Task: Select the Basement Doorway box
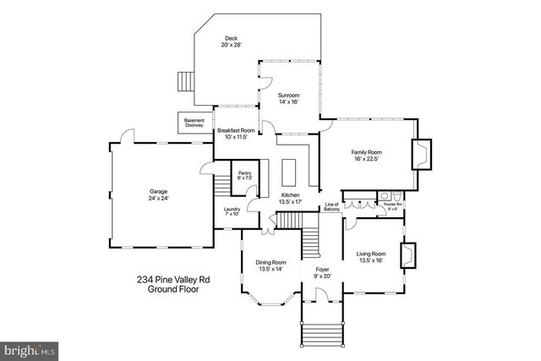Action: coord(194,123)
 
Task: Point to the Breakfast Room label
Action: coord(236,134)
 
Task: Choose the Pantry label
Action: coord(244,175)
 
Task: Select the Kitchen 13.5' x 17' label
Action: coord(291,198)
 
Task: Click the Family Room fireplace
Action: coord(420,155)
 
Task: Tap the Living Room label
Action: coord(371,257)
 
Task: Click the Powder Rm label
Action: coord(392,206)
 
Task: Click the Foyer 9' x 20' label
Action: coord(321,274)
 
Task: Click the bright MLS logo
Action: coord(30,348)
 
